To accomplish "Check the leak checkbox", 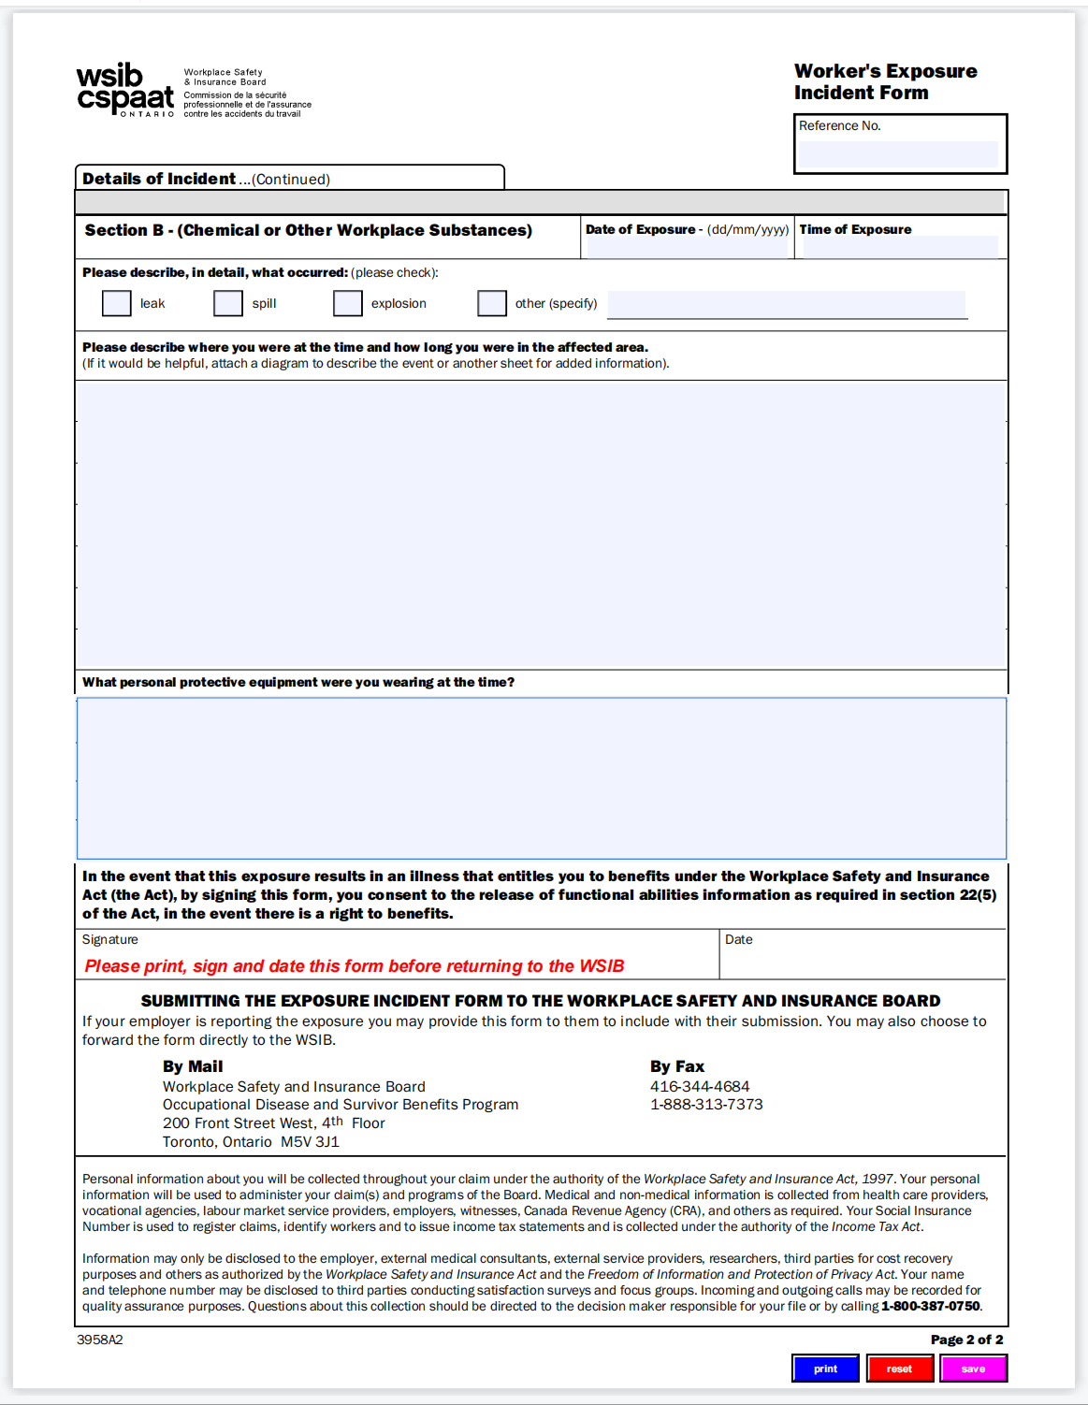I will (x=117, y=303).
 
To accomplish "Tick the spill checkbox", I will (x=228, y=303).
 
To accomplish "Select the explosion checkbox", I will (x=348, y=303).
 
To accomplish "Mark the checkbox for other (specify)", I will (x=492, y=303).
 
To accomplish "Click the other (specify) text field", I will (x=786, y=304).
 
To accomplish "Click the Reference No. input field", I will (x=898, y=154).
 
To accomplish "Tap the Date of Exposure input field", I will (x=688, y=248).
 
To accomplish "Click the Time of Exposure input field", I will (x=900, y=248).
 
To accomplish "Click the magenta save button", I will (x=973, y=1369).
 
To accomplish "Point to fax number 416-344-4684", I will (x=700, y=1086).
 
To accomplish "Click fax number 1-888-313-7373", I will (x=706, y=1105).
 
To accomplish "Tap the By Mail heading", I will (x=193, y=1066).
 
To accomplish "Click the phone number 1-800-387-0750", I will (x=930, y=1306).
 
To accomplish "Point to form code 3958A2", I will (x=100, y=1340).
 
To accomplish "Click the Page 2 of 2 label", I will (x=966, y=1340).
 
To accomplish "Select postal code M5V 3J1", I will (x=310, y=1142).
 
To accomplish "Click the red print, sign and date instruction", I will (x=355, y=966).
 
